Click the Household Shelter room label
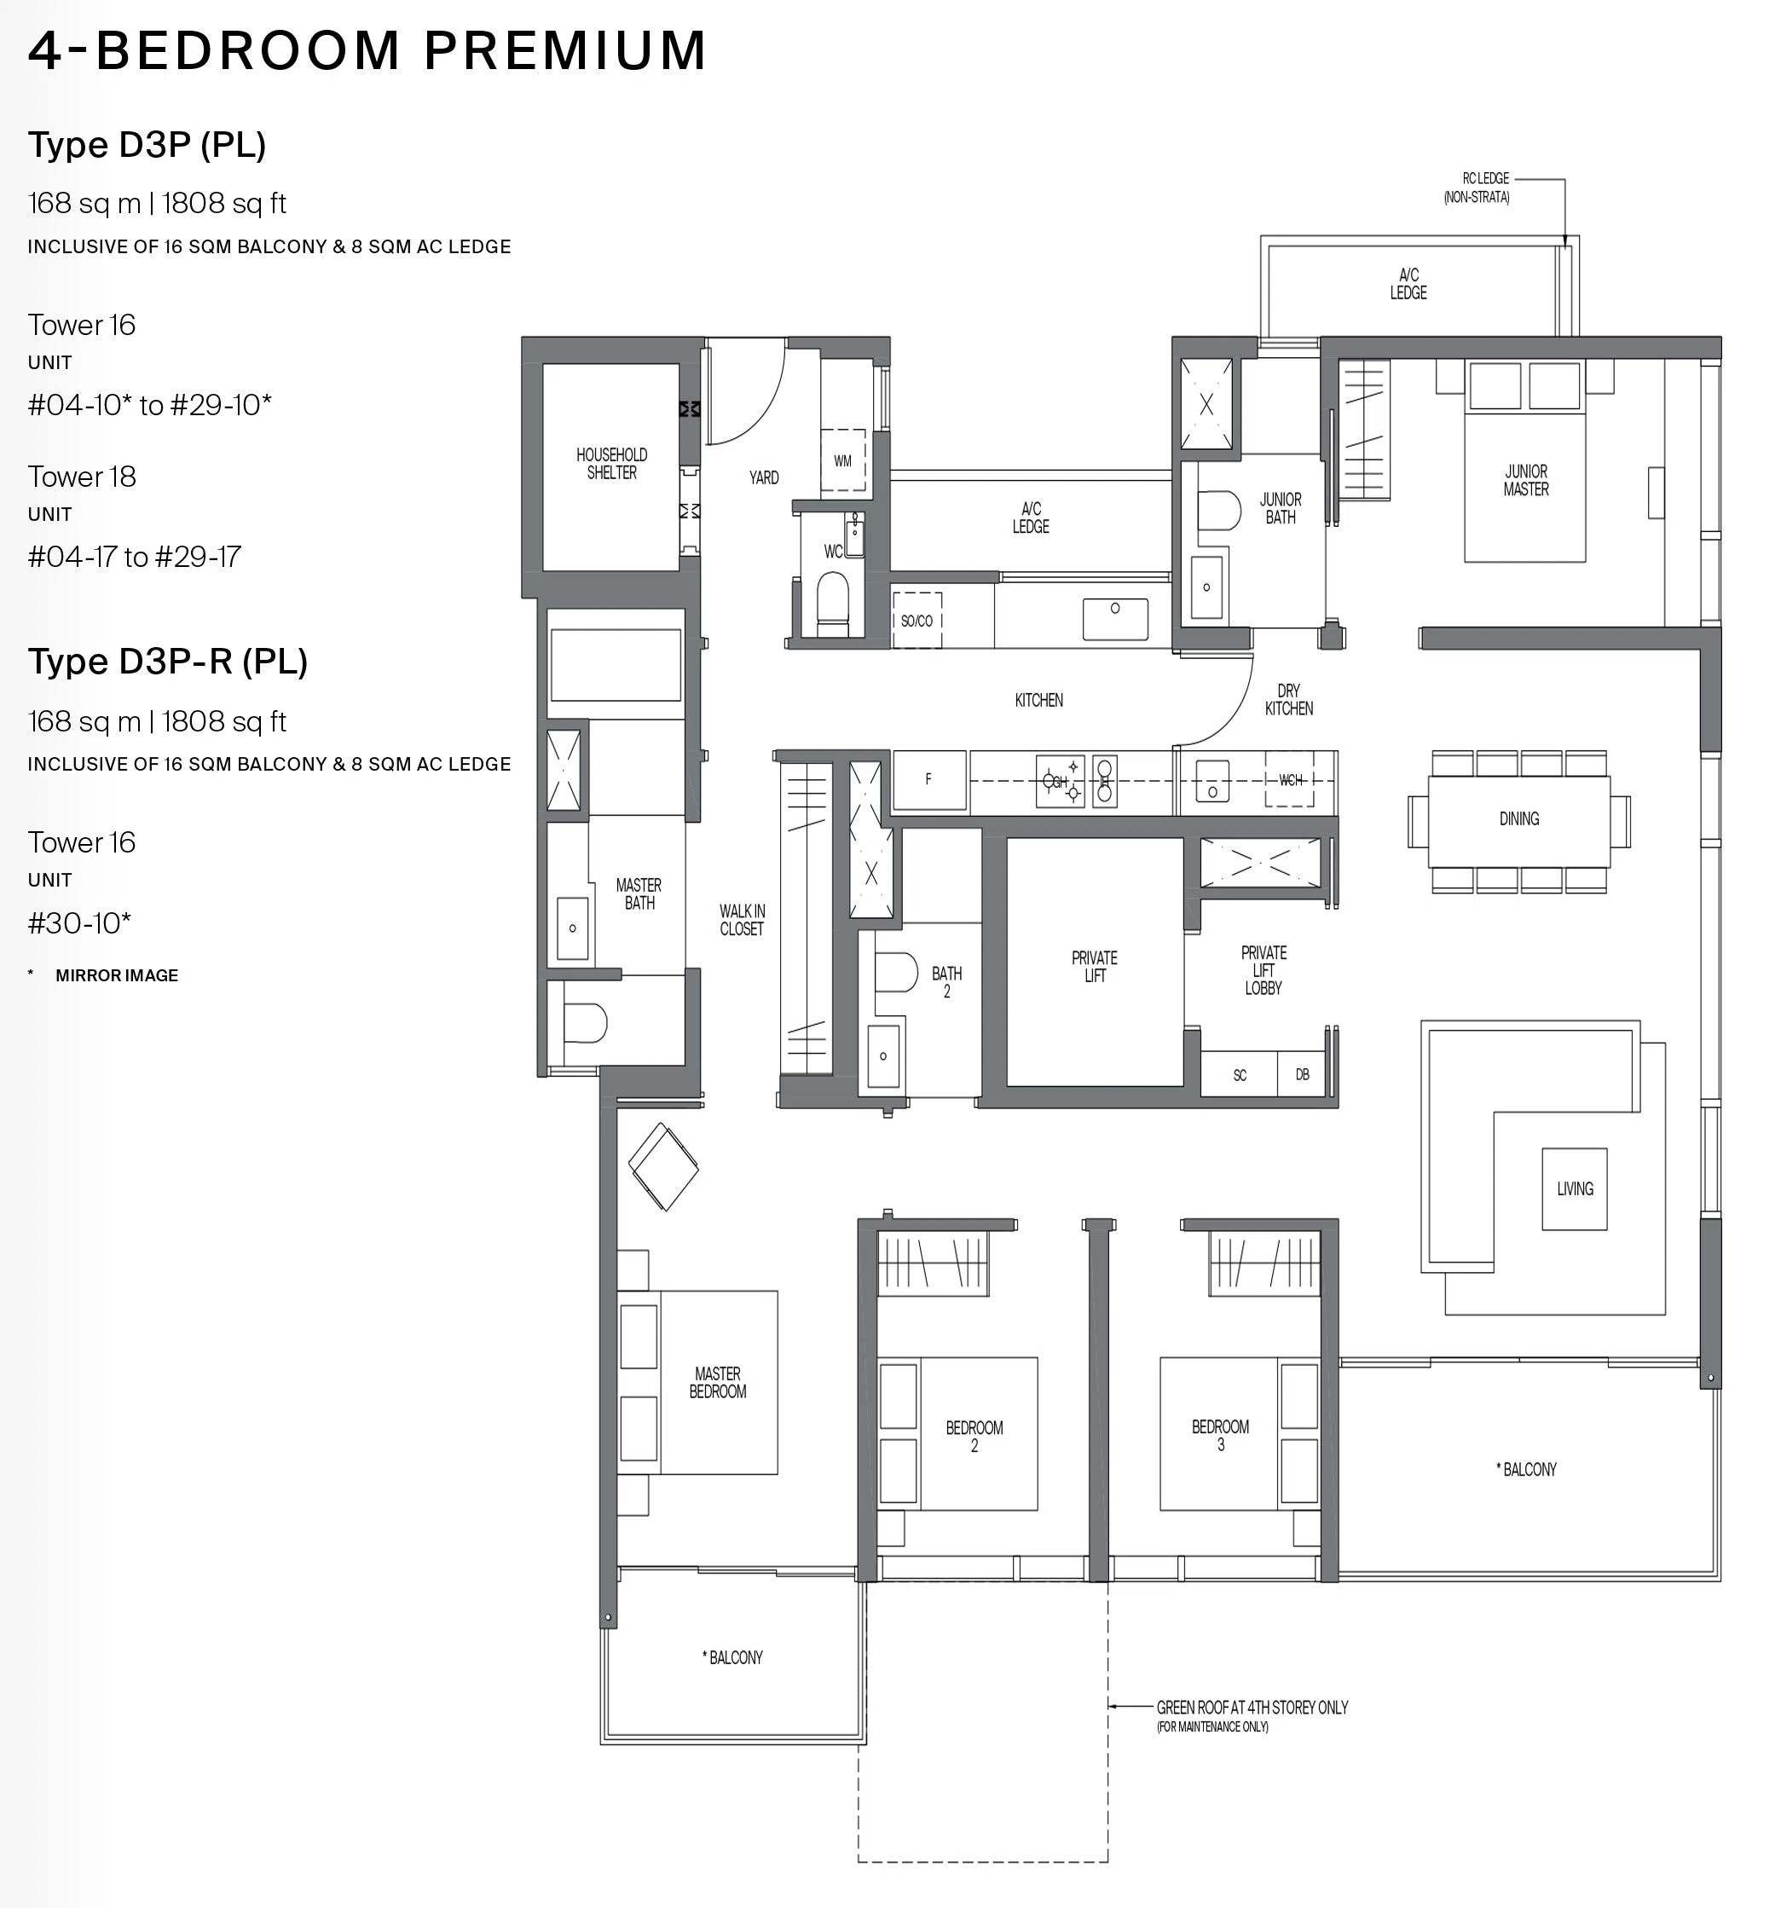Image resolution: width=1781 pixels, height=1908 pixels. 611,464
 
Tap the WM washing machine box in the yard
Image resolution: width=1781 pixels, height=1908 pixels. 843,460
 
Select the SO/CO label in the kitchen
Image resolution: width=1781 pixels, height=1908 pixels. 917,621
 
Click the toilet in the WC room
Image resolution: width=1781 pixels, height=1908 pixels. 832,604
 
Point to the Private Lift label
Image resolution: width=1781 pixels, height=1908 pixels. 1094,967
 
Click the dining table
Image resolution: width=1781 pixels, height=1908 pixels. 1519,821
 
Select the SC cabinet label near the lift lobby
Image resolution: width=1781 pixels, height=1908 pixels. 1240,1075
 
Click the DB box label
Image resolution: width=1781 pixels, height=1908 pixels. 1302,1074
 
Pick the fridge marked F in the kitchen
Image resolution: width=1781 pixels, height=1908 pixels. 929,780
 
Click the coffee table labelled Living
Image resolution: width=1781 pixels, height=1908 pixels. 1575,1189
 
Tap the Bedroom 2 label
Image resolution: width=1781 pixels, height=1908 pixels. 974,1437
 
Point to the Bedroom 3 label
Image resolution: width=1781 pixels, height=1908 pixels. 1221,1435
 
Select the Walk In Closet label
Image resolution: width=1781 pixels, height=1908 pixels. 742,919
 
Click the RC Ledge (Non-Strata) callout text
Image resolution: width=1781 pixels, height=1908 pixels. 1477,188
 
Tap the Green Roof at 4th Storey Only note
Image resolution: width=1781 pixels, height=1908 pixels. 1252,1715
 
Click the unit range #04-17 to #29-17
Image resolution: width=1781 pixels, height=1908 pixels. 135,557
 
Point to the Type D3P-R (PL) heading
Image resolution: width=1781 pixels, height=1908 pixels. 168,662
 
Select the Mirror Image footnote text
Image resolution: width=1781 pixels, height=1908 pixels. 117,975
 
